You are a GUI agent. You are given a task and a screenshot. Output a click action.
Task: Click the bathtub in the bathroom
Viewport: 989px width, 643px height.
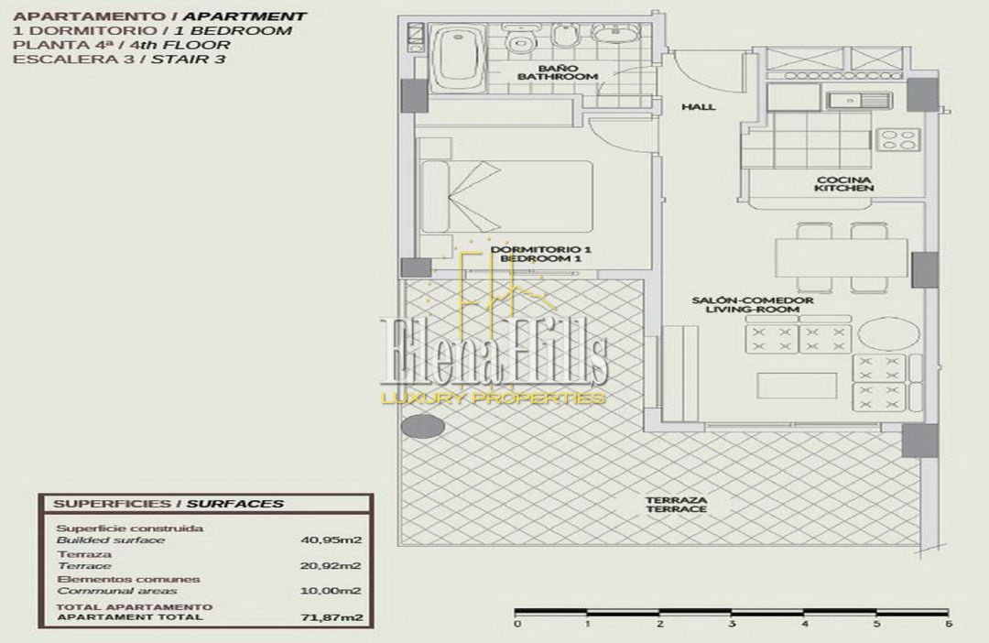[x=459, y=59]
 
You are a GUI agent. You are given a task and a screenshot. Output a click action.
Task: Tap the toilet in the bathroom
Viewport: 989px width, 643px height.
[x=520, y=38]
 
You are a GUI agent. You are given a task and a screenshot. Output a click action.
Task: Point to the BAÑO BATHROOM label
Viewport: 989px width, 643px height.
[x=558, y=72]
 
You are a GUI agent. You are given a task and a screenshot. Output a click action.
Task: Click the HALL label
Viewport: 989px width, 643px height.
[x=698, y=106]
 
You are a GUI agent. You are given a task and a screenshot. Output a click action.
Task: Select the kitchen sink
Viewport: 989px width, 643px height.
[x=858, y=100]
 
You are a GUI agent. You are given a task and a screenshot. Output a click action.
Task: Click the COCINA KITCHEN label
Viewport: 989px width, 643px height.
[x=844, y=184]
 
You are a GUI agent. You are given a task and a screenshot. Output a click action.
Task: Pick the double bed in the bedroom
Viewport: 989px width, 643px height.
[x=507, y=196]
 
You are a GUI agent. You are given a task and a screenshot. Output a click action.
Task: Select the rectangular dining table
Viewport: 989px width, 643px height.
[x=842, y=258]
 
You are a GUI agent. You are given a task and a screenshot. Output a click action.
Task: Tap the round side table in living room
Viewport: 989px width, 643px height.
[x=882, y=335]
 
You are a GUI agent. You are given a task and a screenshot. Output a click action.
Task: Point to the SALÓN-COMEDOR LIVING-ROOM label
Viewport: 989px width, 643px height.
[x=753, y=305]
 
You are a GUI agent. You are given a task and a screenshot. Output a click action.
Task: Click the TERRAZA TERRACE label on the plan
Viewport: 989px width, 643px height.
[x=676, y=504]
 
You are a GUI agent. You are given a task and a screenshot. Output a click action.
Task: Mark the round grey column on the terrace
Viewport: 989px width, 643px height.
[x=423, y=427]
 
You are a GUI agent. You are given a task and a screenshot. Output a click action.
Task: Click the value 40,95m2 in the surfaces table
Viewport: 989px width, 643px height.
[x=331, y=539]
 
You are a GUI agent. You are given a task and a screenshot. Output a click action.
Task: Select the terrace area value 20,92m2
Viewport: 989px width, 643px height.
[x=331, y=565]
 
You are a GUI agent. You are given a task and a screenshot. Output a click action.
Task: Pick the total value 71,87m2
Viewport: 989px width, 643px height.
[x=331, y=617]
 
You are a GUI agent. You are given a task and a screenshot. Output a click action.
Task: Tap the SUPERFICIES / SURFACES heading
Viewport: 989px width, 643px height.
[x=168, y=504]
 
